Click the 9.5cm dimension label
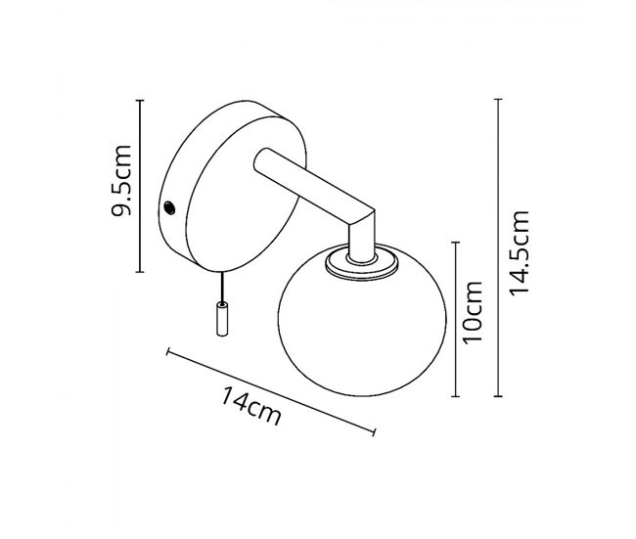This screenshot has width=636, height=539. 122,180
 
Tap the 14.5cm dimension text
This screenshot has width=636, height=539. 520,253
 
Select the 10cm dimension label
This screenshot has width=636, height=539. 473,312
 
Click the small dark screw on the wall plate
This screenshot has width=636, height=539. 169,208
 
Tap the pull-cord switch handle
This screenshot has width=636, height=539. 222,319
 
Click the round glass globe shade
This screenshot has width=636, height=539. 362,321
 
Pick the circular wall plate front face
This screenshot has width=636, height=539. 247,194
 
